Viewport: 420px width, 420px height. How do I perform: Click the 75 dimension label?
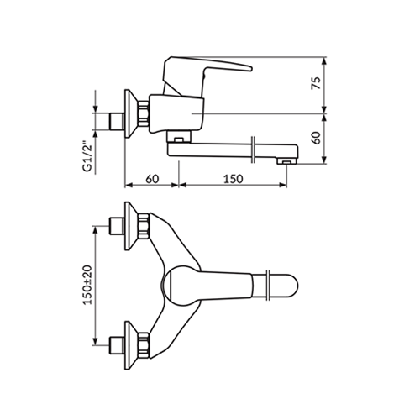[316, 83]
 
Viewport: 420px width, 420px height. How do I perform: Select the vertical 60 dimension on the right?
[317, 138]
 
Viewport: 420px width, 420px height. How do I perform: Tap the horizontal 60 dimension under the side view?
[152, 179]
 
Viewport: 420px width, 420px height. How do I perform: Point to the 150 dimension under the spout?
[233, 179]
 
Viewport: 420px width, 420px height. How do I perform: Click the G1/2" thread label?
[87, 158]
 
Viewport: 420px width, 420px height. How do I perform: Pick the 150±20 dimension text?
[87, 285]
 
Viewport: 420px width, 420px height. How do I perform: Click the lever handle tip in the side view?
[250, 68]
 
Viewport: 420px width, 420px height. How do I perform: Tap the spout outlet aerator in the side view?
[286, 161]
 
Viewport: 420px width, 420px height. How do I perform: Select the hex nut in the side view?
[143, 113]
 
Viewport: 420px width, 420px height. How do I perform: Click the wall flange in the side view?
[130, 113]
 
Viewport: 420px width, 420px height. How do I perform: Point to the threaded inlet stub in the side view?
[117, 122]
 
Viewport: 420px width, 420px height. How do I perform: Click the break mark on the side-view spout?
[254, 150]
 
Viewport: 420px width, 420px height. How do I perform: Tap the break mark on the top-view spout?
[268, 286]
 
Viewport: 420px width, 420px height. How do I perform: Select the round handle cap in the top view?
[179, 286]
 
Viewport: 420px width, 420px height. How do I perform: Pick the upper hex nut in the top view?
[143, 226]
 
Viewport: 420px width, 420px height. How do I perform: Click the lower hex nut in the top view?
[143, 345]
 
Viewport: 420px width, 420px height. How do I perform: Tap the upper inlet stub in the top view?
[117, 226]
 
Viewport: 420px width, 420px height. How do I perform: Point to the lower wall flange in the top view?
[130, 345]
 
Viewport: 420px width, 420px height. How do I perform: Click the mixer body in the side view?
[176, 114]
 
